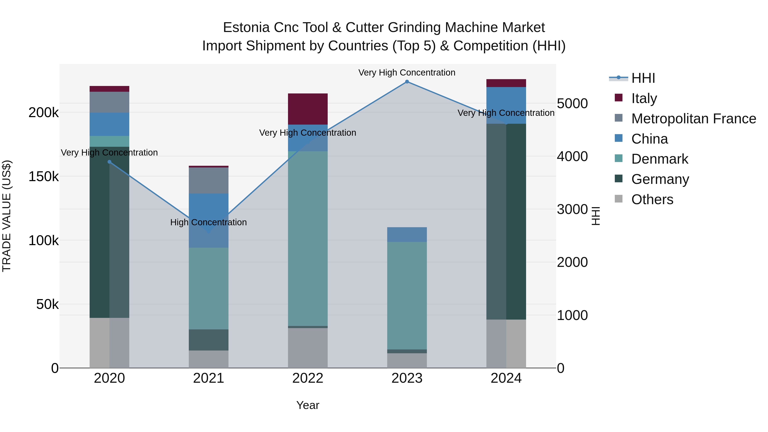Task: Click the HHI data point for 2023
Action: tap(407, 82)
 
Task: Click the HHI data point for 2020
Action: tap(109, 162)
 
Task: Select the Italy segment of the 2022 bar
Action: tap(308, 109)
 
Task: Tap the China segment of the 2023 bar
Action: tap(407, 234)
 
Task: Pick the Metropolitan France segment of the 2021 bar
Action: tap(208, 180)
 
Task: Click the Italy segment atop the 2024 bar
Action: tap(506, 83)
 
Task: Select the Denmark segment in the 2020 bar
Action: tap(109, 141)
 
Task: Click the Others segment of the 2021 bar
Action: tap(208, 359)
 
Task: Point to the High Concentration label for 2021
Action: tap(208, 223)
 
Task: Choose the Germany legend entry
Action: tap(660, 179)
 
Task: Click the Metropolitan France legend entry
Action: tap(694, 119)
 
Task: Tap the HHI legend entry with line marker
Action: tap(643, 78)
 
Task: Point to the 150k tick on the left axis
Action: tap(44, 176)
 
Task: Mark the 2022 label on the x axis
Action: tap(308, 378)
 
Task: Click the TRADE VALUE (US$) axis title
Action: tap(7, 216)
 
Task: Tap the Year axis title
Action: tap(308, 405)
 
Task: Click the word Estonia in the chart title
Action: tap(246, 28)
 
